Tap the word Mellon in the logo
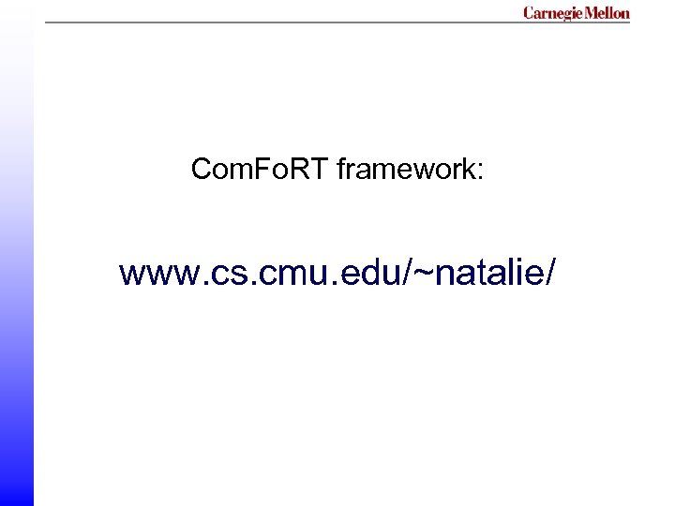tap(607, 13)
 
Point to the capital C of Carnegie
tap(529, 13)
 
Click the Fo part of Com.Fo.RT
tap(273, 170)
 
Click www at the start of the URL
tap(152, 274)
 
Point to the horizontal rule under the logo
tap(281, 22)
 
